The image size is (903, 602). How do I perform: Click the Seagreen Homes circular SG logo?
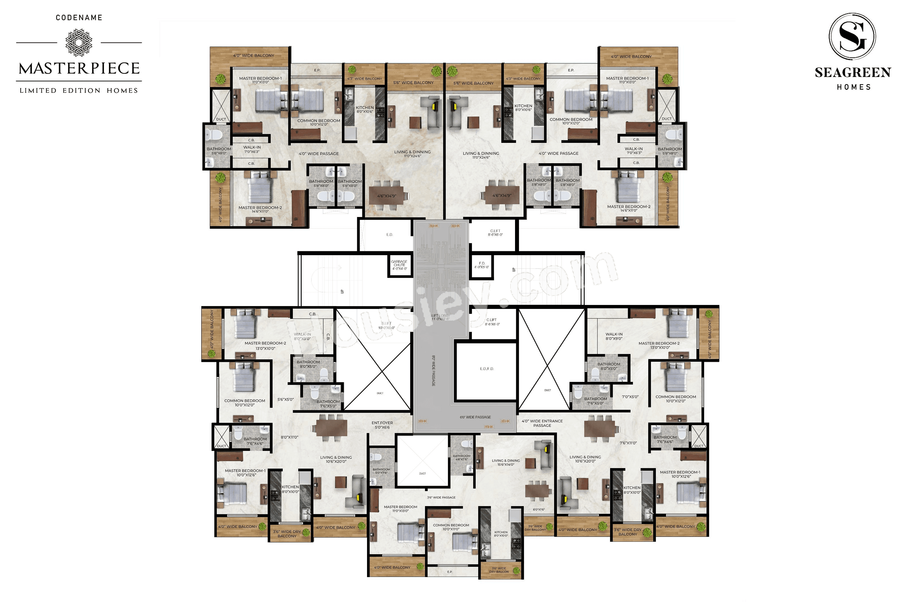(852, 36)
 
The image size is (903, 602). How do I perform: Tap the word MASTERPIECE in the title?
(79, 69)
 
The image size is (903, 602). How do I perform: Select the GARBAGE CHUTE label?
(399, 265)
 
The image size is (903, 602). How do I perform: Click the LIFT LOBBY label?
(440, 317)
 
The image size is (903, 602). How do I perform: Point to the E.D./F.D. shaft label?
(486, 369)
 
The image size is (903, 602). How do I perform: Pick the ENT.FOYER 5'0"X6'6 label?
(382, 425)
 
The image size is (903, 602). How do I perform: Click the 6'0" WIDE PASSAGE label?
(475, 417)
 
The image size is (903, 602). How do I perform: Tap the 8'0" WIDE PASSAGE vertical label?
(434, 371)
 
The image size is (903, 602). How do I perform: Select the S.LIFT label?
(386, 326)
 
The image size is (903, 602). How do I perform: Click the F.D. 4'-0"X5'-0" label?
(482, 265)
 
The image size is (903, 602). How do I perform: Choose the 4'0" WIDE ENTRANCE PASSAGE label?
(542, 423)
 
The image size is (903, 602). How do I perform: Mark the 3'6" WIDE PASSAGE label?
(441, 497)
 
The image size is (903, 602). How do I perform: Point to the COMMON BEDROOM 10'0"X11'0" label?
(451, 527)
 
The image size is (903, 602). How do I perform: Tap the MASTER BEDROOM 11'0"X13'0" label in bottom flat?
(400, 509)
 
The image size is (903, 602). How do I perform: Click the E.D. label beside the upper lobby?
(389, 235)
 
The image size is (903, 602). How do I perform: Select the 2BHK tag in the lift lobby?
(488, 427)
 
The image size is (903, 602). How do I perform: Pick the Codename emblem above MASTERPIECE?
(79, 42)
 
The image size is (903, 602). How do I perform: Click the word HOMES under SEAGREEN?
(854, 87)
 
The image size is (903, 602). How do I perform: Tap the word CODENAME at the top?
(79, 18)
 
